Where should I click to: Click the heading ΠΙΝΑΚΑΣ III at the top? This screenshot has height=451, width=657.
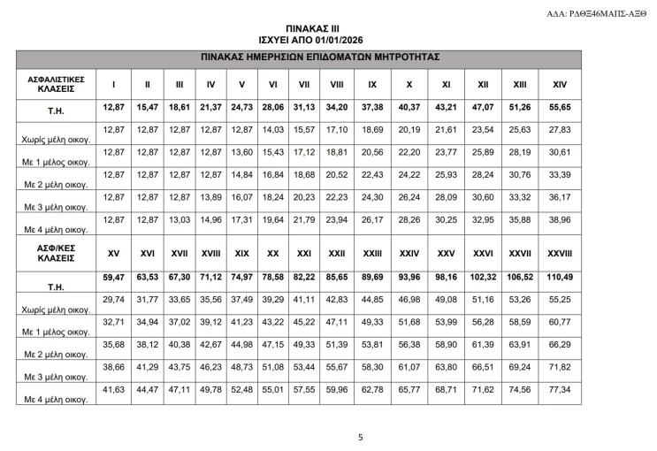[329, 29]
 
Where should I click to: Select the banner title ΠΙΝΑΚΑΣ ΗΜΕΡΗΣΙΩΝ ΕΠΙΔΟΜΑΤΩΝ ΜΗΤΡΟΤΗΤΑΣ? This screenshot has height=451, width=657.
[329, 57]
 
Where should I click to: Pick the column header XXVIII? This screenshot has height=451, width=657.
[558, 255]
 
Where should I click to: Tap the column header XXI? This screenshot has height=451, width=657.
[303, 255]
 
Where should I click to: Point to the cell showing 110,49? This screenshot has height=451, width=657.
[558, 278]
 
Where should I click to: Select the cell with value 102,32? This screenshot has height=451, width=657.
[483, 278]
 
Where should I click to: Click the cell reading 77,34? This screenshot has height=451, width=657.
[558, 389]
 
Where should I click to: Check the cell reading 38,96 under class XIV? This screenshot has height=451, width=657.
[558, 219]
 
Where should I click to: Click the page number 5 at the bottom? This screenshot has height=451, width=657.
[360, 436]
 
